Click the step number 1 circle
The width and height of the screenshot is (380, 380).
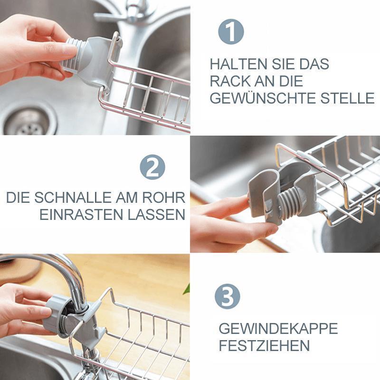pyautogui.click(x=231, y=32)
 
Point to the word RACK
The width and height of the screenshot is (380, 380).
pyautogui.click(x=228, y=81)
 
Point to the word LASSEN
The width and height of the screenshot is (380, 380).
pyautogui.click(x=157, y=215)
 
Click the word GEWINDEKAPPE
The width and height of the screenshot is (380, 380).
pyautogui.click(x=278, y=328)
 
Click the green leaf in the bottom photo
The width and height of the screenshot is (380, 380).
pyautogui.click(x=187, y=289)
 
